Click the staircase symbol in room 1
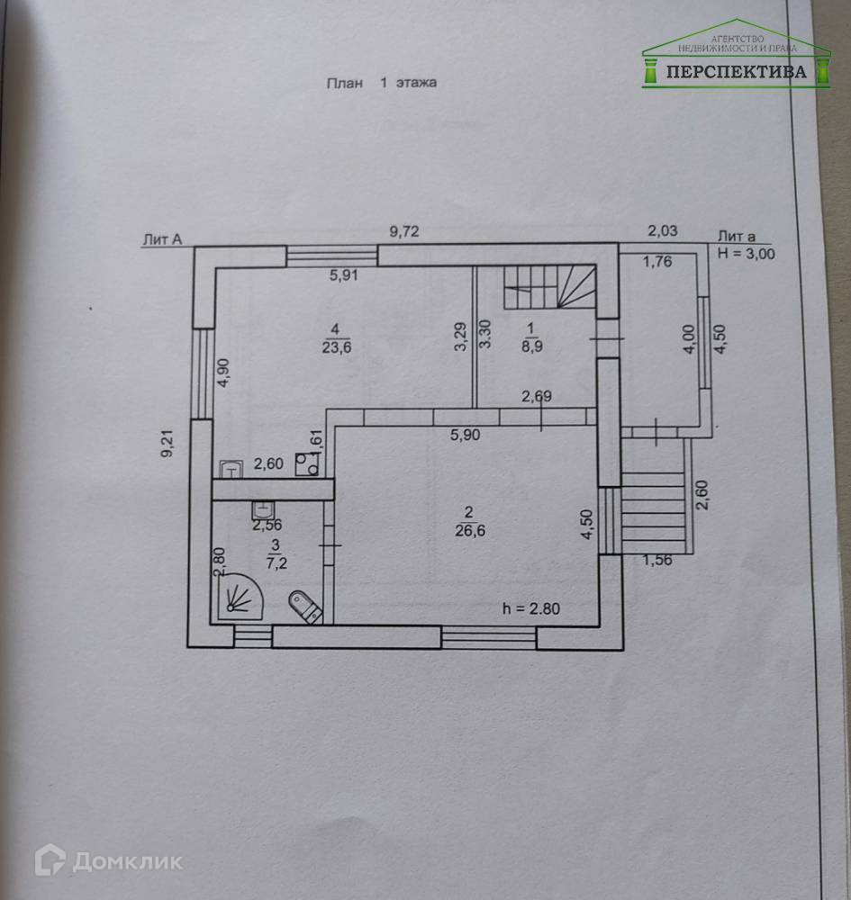549,288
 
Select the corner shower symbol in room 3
239,596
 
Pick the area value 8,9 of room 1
530,344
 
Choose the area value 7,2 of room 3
276,564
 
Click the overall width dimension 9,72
404,231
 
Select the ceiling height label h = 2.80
531,608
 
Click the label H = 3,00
747,253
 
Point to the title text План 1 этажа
381,83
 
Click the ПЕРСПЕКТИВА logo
737,59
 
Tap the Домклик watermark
108,861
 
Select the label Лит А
162,238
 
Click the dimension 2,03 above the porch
663,231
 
